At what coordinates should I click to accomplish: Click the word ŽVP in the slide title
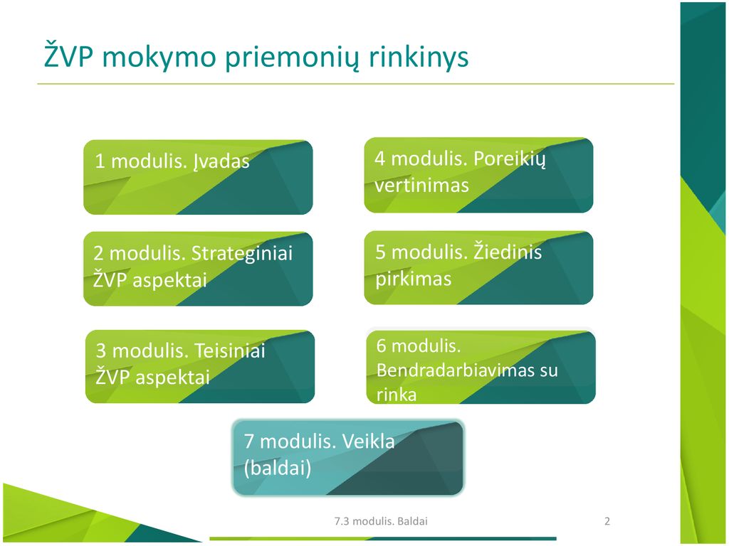69,55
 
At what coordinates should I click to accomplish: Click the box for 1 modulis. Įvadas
198,177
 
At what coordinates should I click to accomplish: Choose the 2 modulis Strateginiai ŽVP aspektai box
198,269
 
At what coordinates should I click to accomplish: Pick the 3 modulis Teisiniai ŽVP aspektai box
200,367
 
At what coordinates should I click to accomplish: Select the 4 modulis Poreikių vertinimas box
478,175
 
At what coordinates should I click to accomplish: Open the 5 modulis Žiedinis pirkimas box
478,268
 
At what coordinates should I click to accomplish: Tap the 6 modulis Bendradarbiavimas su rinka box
481,367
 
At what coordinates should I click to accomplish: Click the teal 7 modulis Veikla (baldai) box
347,458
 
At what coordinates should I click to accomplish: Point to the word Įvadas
221,161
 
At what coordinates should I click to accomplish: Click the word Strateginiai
242,254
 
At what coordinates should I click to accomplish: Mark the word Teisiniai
230,350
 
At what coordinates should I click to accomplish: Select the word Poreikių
509,160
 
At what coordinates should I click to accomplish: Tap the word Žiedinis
508,252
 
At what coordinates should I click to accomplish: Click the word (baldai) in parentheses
278,468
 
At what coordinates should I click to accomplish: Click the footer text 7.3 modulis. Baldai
381,521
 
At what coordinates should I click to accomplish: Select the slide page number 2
607,521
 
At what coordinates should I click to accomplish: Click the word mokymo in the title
159,58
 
